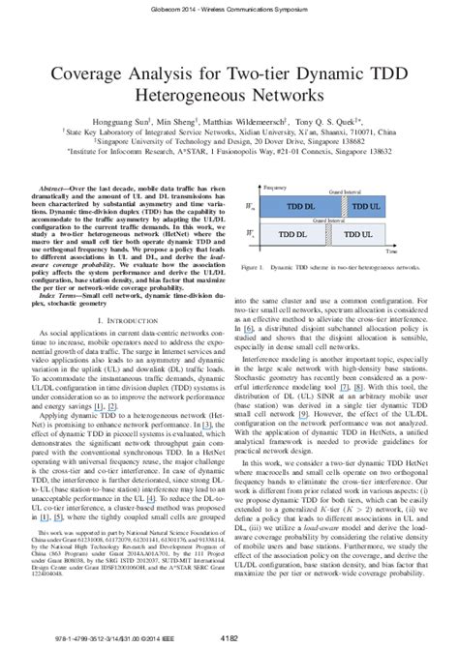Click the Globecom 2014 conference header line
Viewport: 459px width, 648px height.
pos(229,7)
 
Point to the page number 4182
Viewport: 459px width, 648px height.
pos(229,638)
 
